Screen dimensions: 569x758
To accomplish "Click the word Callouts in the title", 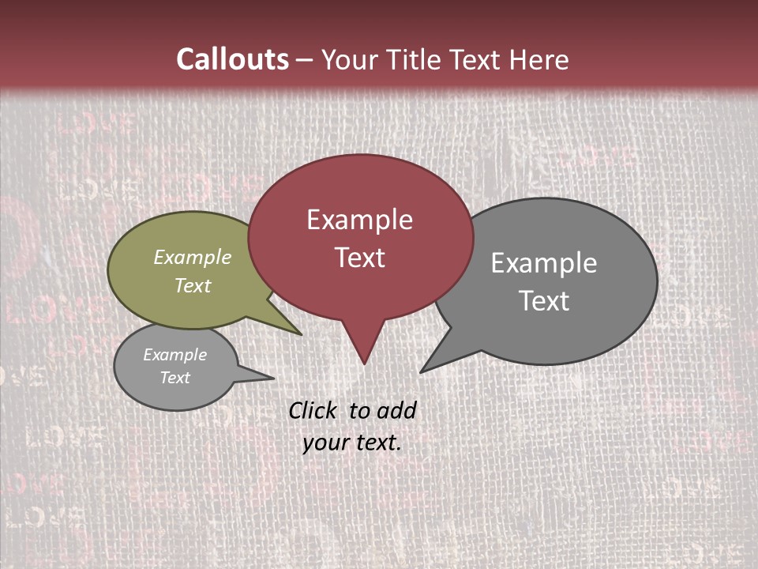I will [x=232, y=59].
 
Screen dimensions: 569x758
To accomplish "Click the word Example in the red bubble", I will [x=359, y=220].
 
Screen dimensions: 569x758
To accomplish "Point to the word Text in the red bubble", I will [x=360, y=258].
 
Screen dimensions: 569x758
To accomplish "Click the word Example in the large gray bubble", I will [x=544, y=263].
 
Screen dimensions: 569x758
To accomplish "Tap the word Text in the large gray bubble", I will [x=545, y=301].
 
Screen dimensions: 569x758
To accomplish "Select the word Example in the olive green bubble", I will [x=193, y=258].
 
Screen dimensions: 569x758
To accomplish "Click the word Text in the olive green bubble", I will [x=193, y=286].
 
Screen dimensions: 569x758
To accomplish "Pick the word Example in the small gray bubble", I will [x=175, y=355].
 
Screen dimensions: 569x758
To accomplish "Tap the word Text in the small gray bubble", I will [x=175, y=378].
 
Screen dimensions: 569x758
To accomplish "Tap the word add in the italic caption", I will [x=396, y=411].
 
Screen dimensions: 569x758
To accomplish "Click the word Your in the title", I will [x=348, y=59].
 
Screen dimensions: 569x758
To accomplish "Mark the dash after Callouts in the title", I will [x=305, y=60].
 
